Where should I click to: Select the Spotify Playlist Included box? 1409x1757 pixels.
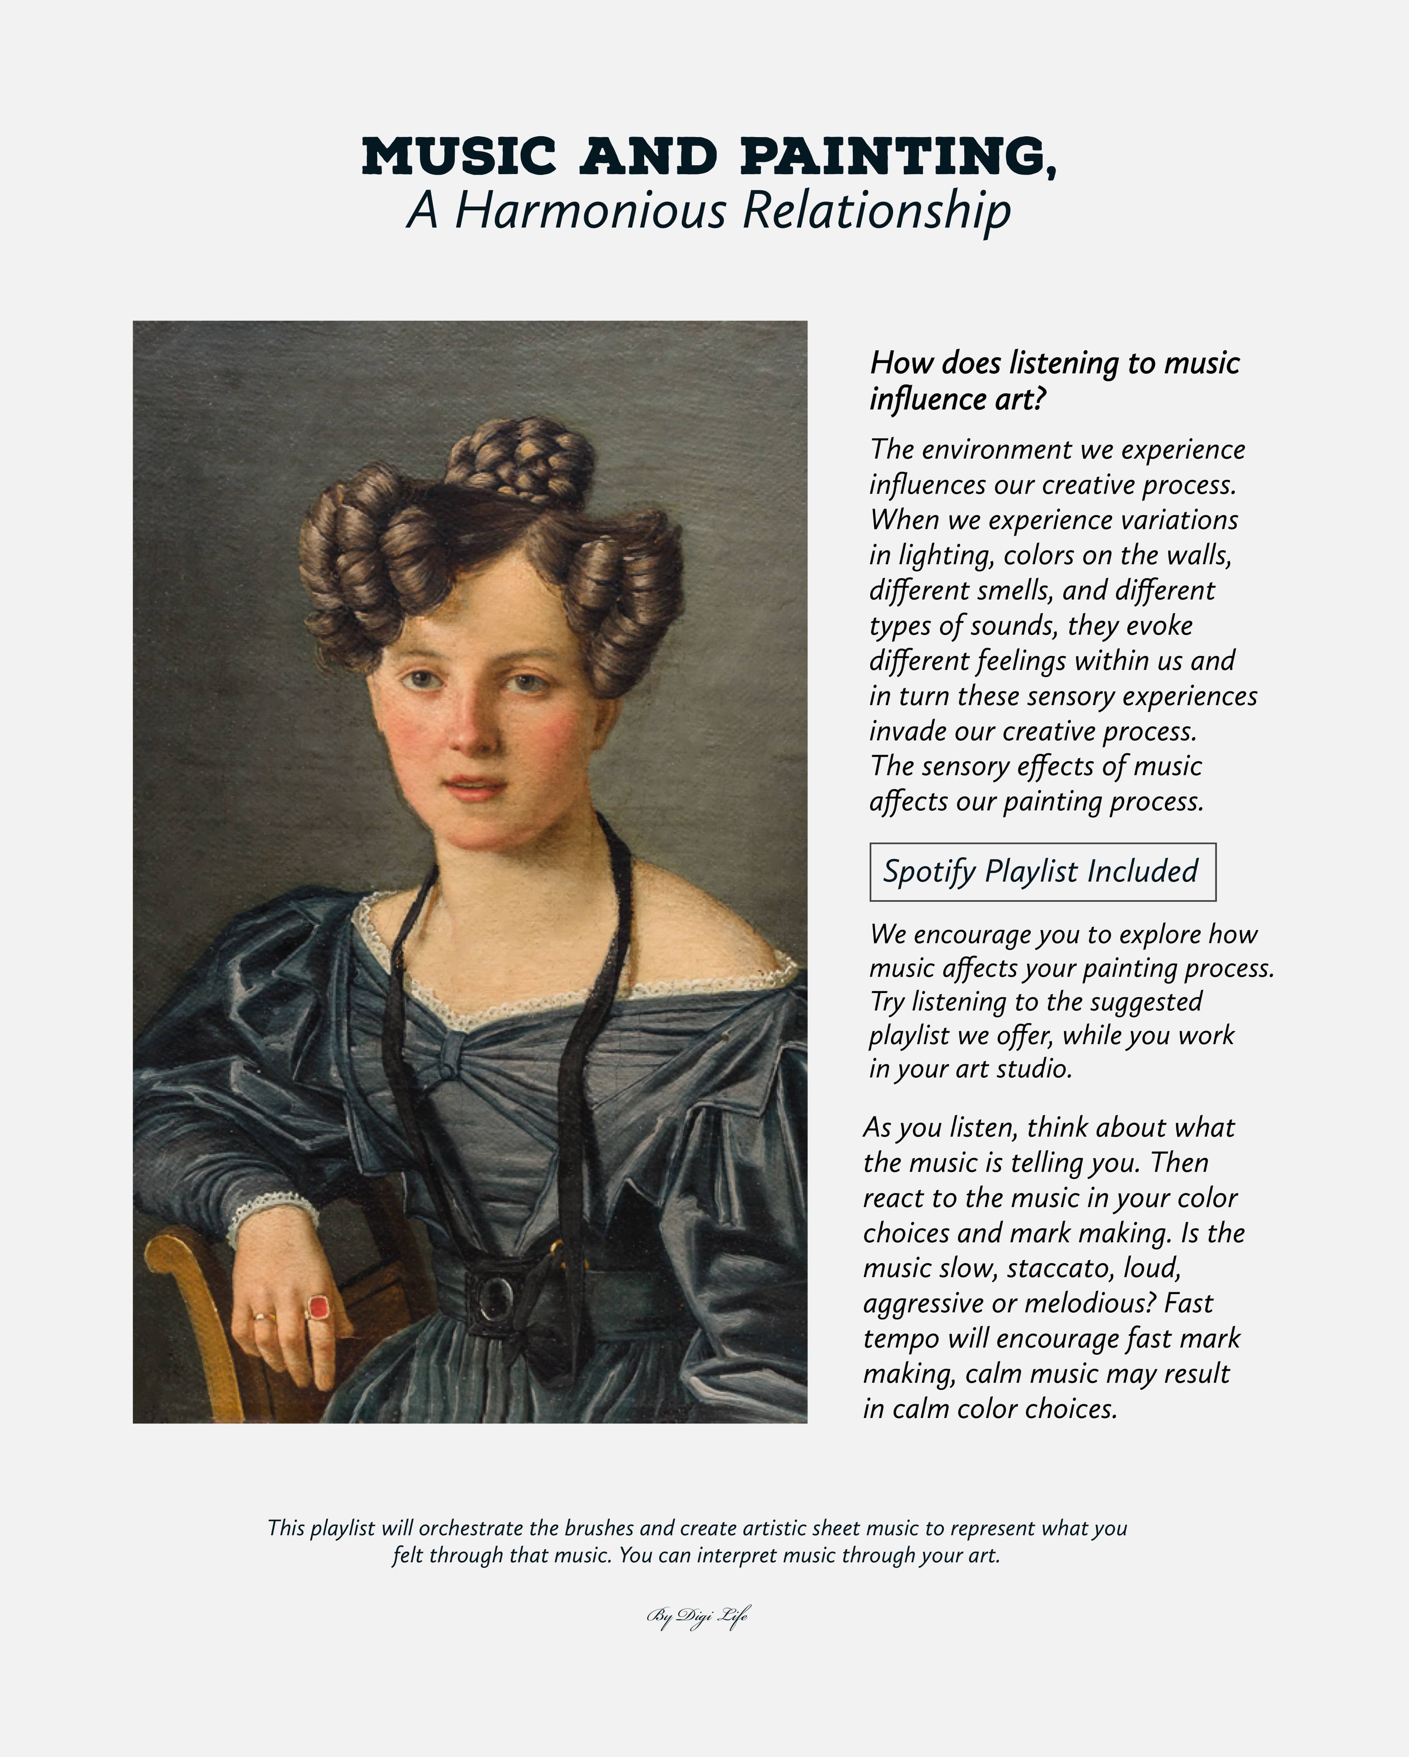[x=1042, y=872]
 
